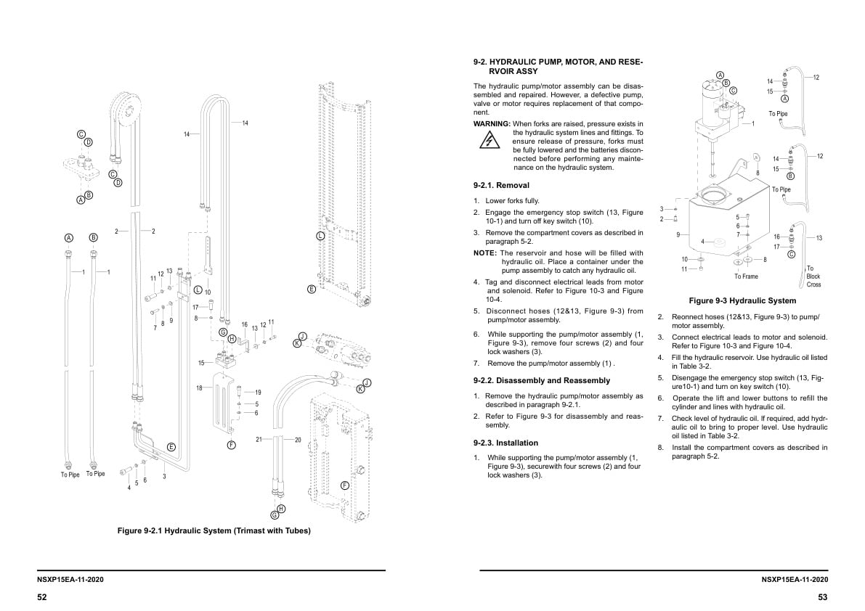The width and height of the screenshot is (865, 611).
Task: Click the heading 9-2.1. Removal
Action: coord(501,186)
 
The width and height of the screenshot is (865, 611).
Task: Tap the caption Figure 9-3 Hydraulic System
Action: coord(742,300)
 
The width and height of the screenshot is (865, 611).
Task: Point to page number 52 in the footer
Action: coord(42,596)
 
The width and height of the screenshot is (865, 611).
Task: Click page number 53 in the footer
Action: coord(822,596)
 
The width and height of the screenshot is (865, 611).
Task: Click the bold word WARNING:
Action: coord(492,124)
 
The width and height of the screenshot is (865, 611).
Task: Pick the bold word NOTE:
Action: coord(485,253)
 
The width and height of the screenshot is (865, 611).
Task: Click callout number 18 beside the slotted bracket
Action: coord(199,388)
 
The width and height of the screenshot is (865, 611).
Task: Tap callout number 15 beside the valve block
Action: coord(201,363)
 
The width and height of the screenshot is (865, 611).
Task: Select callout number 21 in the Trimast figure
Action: coord(259,440)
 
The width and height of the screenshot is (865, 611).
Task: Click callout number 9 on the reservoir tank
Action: coord(678,234)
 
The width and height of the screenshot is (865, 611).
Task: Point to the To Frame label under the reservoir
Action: coord(746,276)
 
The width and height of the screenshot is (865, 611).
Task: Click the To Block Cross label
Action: coord(813,276)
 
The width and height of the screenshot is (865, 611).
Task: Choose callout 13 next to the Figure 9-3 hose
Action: coord(819,238)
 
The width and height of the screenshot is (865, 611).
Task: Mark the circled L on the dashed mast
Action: coord(320,236)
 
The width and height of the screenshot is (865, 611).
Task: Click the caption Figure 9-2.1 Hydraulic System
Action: coord(214,531)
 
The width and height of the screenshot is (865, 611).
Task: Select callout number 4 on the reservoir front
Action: coord(702,242)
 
